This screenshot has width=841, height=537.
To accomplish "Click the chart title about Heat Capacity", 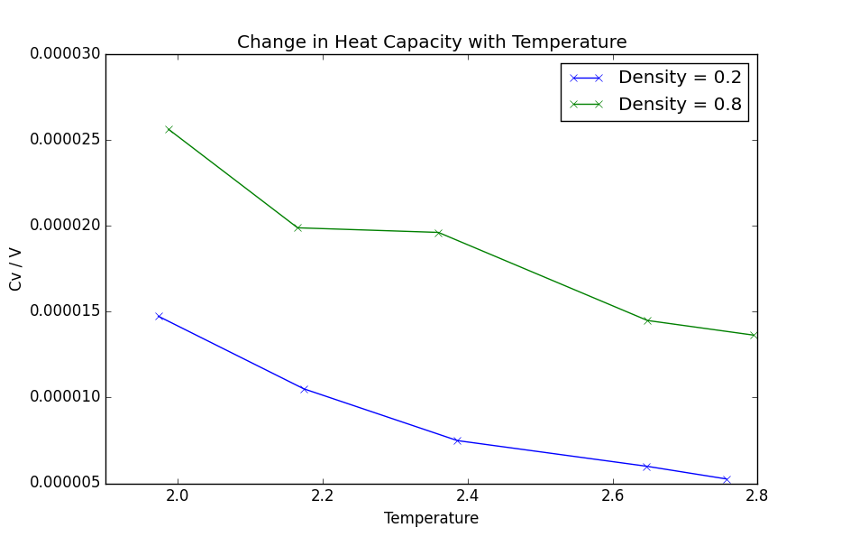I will [432, 42].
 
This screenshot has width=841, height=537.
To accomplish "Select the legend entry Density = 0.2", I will [680, 79].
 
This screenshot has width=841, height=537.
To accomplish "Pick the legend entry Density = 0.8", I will [680, 105].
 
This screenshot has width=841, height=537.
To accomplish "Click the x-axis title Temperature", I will [431, 518].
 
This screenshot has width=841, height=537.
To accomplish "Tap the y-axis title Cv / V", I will [16, 269].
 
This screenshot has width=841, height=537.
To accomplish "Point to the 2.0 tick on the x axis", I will [178, 495].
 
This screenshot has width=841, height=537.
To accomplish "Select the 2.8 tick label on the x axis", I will [756, 495].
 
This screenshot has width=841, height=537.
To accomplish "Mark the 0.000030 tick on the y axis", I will [65, 54].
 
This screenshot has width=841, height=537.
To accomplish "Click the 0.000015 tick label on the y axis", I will [65, 311].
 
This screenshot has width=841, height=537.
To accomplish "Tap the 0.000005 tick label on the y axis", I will [65, 483].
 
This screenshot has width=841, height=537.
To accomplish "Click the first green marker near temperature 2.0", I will [169, 129].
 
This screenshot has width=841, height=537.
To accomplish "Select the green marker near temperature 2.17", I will [298, 227].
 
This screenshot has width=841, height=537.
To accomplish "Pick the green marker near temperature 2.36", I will [438, 233].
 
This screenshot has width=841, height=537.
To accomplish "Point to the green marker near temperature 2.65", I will [647, 320].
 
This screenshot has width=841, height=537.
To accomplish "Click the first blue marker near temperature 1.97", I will [159, 316].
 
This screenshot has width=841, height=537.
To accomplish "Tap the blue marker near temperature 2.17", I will [304, 389].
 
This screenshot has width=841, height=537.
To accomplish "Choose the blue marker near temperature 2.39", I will [457, 440].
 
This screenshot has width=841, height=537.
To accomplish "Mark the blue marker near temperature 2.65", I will [646, 467].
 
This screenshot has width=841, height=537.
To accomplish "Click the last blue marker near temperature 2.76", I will [727, 479].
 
